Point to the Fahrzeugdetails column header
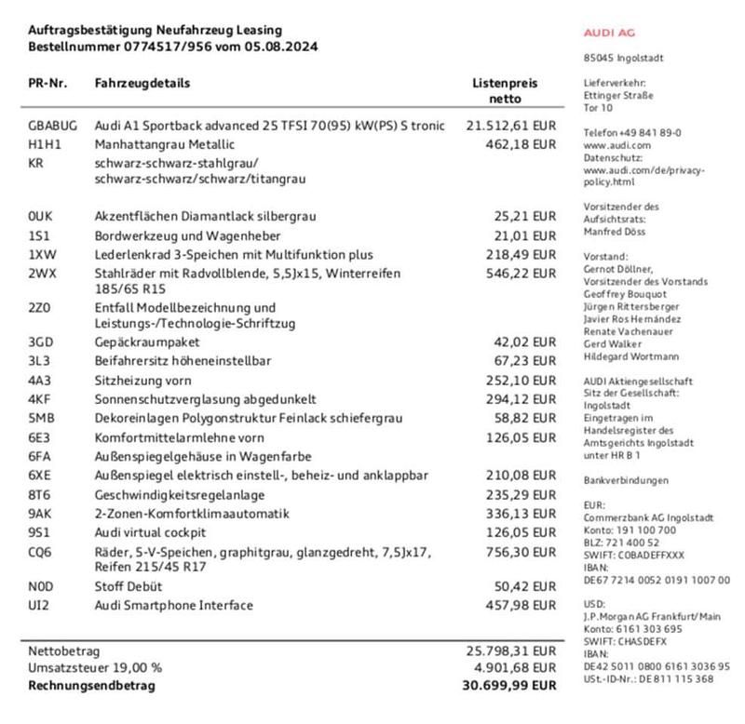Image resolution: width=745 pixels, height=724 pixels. pyautogui.click(x=142, y=84)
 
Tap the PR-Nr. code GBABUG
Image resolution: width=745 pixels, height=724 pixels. pyautogui.click(x=52, y=126)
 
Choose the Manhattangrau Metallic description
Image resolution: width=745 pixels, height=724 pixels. pyautogui.click(x=165, y=144)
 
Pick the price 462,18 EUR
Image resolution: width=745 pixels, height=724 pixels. pyautogui.click(x=521, y=144)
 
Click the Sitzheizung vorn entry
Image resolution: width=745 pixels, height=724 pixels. pyautogui.click(x=143, y=381)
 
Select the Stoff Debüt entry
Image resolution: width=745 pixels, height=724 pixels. pyautogui.click(x=129, y=587)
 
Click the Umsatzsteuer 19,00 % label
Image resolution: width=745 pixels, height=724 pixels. pyautogui.click(x=94, y=668)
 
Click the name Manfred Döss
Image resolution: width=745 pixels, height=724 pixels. pyautogui.click(x=615, y=232)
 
